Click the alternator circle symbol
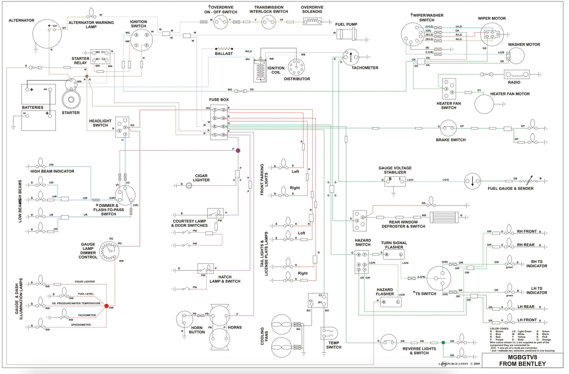[47, 33]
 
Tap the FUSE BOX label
[219, 100]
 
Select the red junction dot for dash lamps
[106, 305]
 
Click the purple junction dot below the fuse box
[238, 150]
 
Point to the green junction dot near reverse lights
[443, 343]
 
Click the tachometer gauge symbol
[350, 57]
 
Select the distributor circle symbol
[297, 67]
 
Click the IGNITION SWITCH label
[139, 24]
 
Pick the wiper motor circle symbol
[492, 35]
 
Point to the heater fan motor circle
[484, 104]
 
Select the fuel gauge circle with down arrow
[473, 181]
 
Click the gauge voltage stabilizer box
[395, 181]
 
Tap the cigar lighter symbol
[189, 185]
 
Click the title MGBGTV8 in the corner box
[522, 357]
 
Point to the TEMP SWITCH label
[334, 345]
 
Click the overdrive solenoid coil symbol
[312, 21]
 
